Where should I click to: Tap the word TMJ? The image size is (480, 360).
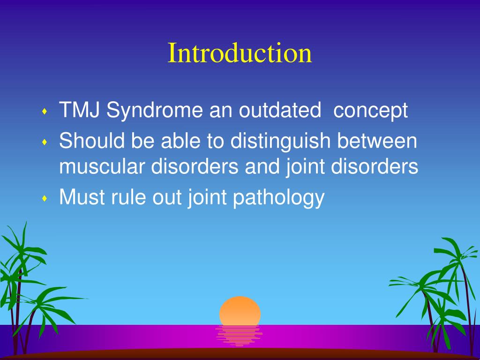[x=79, y=110]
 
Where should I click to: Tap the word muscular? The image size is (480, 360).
[x=102, y=166]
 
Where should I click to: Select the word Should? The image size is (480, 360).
[x=92, y=141]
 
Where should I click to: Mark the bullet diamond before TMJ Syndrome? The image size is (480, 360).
[x=45, y=111]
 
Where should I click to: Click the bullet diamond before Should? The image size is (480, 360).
[x=45, y=142]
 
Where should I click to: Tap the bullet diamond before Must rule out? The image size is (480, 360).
[x=45, y=198]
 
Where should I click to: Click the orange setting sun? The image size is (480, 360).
[x=240, y=311]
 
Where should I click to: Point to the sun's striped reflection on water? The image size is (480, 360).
[x=239, y=336]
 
